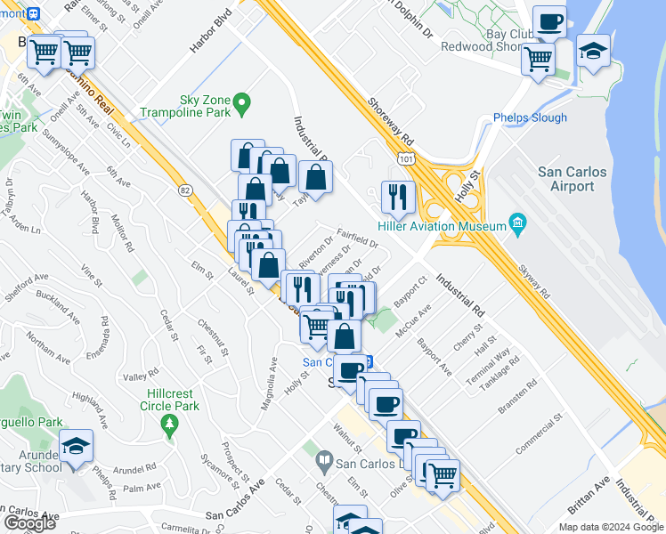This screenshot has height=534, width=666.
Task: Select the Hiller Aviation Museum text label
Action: click(x=443, y=226)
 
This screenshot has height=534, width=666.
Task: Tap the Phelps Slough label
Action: click(x=530, y=118)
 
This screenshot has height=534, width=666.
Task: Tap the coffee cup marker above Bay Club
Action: click(x=549, y=20)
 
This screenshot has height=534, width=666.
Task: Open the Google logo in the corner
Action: click(x=29, y=523)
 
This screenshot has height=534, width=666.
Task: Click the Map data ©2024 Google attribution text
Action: click(x=611, y=527)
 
